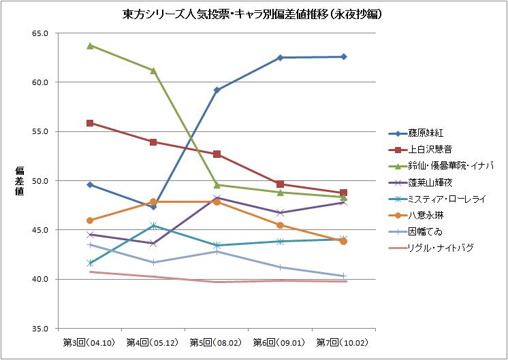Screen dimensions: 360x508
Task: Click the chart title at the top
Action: point(254,14)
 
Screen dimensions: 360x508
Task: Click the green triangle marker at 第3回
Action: point(90,46)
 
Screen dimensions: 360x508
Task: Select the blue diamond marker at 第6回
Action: point(280,58)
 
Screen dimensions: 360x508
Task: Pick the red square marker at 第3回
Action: point(90,123)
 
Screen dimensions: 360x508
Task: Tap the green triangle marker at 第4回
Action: point(153,70)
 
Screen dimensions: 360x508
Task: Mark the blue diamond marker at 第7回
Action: point(344,56)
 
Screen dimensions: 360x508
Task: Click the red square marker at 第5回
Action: point(217,154)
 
